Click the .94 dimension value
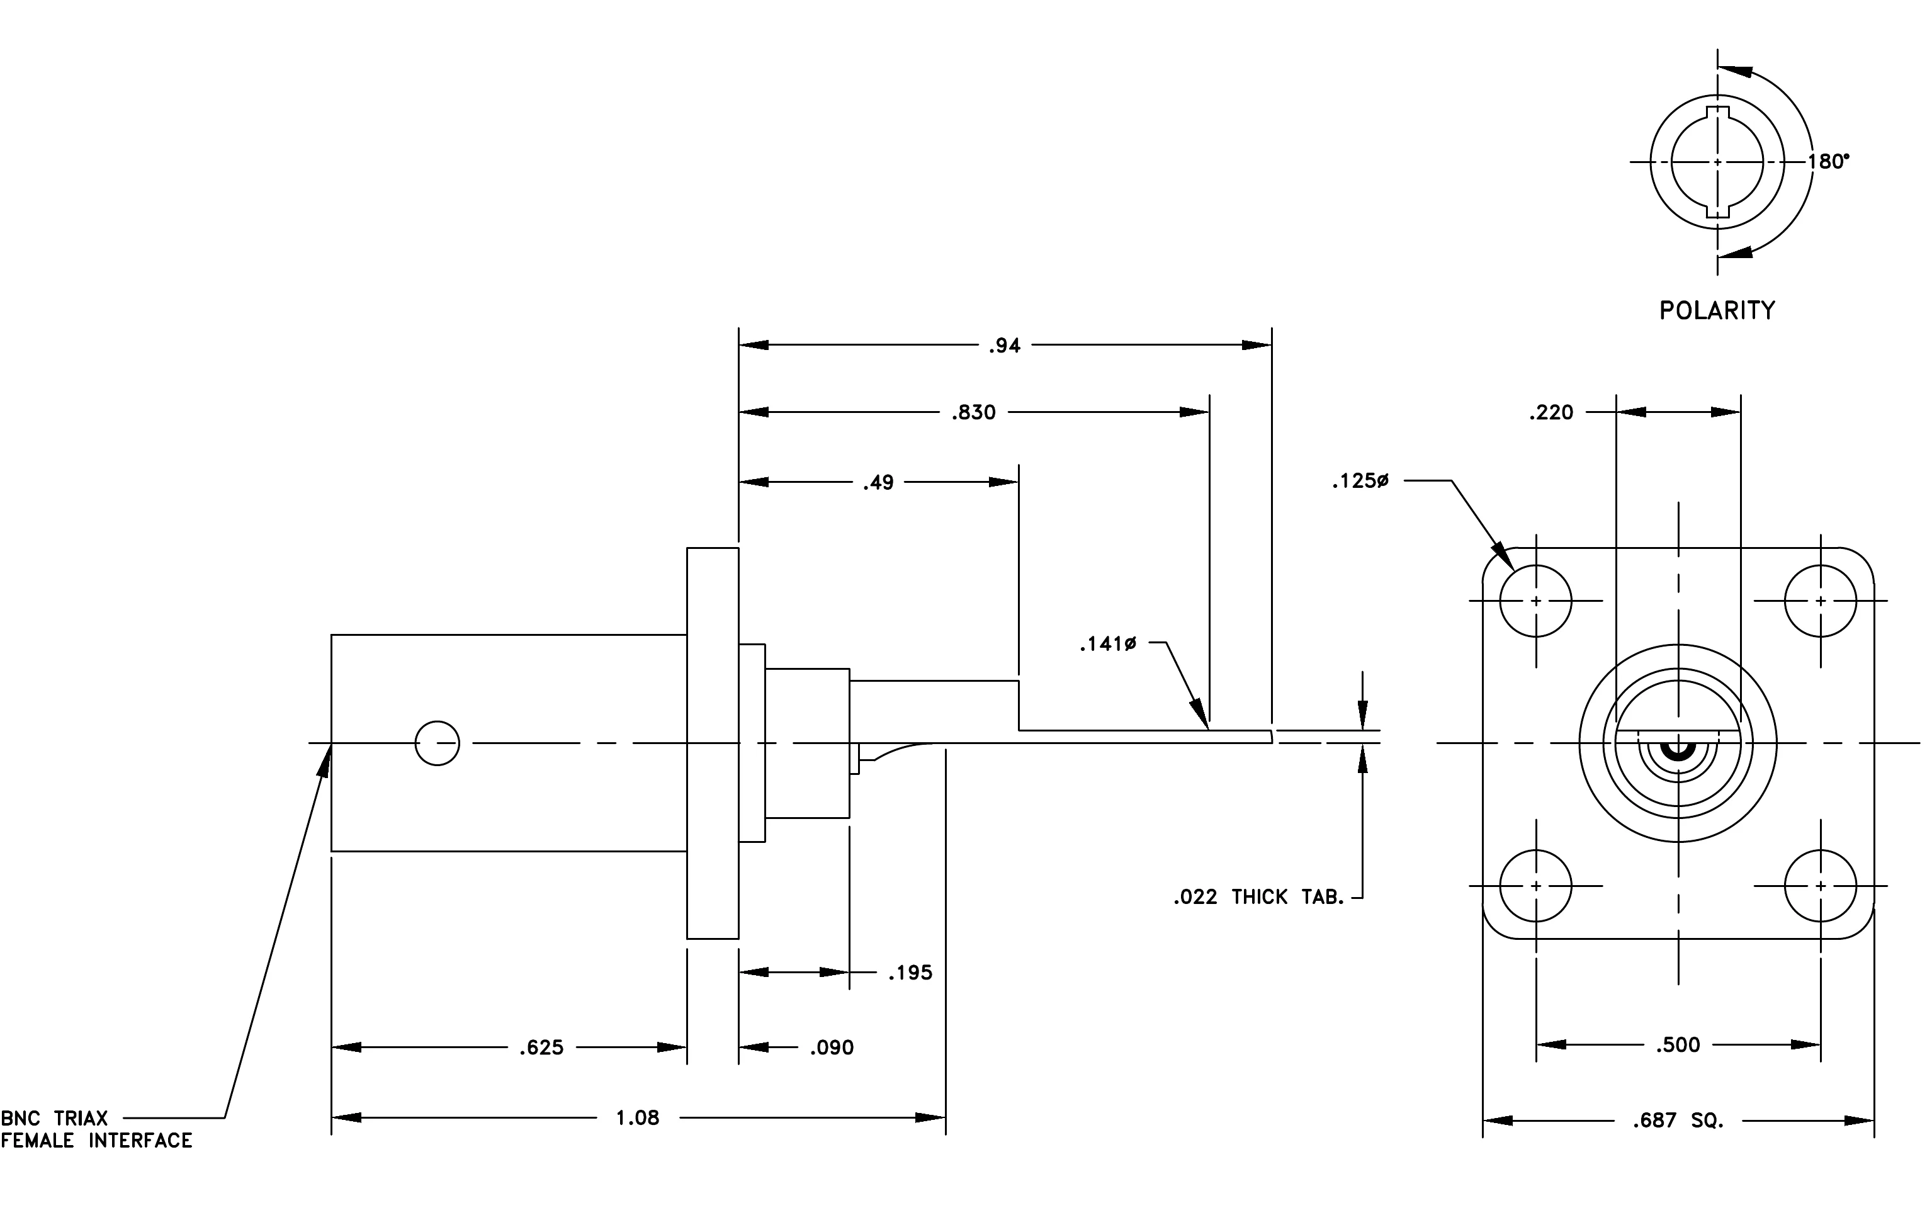point(1005,346)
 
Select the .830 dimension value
point(973,412)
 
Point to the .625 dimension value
point(541,1048)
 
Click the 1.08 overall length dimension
point(637,1118)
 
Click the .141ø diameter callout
point(1108,643)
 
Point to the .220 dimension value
point(1551,412)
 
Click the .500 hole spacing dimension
point(1678,1045)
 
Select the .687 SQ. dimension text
point(1678,1121)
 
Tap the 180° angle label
point(1829,162)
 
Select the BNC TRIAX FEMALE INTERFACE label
point(96,1129)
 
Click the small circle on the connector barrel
point(438,743)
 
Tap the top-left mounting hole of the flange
point(1535,601)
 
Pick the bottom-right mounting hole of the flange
point(1821,886)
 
